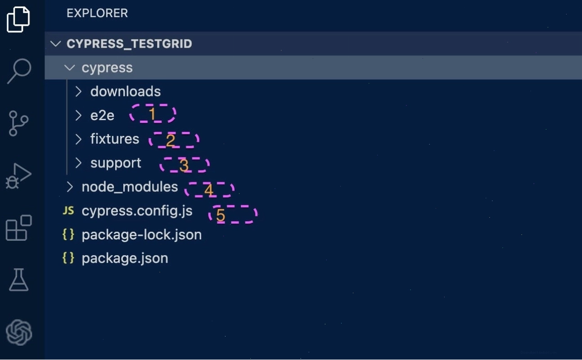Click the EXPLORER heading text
point(97,13)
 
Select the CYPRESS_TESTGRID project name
point(129,44)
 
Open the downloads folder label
point(126,91)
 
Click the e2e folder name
point(102,115)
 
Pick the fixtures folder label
point(115,139)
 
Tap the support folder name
point(116,163)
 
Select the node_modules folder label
point(130,187)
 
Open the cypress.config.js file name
point(137,211)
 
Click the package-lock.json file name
point(142,235)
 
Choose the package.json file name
point(125,258)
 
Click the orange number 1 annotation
point(152,114)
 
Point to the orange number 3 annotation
point(184,165)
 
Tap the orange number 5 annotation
point(221,215)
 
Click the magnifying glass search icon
point(19,71)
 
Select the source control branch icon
point(18,123)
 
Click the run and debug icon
point(18,176)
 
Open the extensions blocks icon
point(19,228)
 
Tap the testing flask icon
point(19,280)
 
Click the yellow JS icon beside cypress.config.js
point(68,211)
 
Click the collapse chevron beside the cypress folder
point(70,68)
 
